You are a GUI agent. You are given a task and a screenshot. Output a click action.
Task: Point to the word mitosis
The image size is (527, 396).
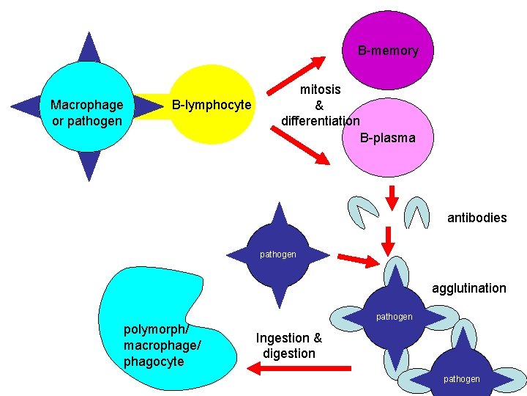pos(320,89)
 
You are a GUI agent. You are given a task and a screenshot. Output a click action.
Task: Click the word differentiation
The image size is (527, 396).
pos(320,120)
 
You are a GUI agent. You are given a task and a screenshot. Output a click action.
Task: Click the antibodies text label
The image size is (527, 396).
pos(476,218)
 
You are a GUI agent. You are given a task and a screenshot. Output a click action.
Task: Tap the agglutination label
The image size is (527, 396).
pos(468,288)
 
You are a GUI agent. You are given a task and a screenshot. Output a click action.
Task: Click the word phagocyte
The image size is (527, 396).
pos(154,362)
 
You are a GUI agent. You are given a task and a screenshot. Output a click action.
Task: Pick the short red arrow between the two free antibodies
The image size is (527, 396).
pos(392,197)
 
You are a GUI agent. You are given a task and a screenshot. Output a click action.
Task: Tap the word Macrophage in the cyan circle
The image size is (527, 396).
pos(86,105)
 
